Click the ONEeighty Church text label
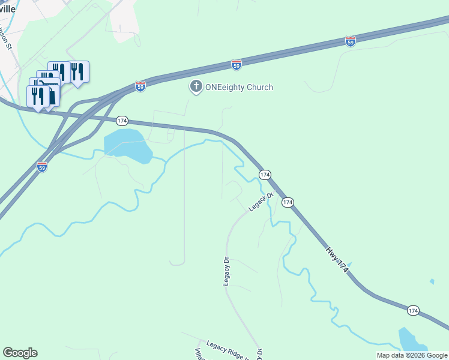click(x=239, y=87)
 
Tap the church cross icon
click(x=195, y=87)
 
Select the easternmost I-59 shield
click(x=351, y=41)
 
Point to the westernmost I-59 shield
click(x=42, y=166)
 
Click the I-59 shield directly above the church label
click(x=237, y=64)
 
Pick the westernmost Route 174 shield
click(x=122, y=121)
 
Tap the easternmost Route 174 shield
click(x=413, y=310)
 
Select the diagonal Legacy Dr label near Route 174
click(x=261, y=202)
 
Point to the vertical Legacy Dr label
click(x=227, y=271)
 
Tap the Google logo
click(x=20, y=353)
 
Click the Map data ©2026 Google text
click(x=412, y=355)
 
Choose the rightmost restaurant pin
click(x=78, y=71)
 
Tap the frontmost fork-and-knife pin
click(x=37, y=96)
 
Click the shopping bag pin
click(x=53, y=96)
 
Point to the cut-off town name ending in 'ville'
click(x=8, y=9)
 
